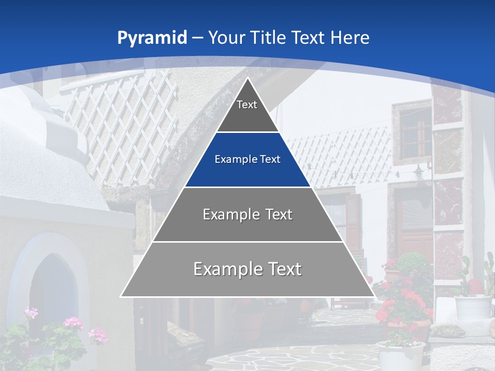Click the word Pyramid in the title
click(x=152, y=38)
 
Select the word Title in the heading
click(x=268, y=38)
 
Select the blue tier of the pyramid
click(x=247, y=160)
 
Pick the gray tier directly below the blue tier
click(x=247, y=214)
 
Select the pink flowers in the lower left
click(x=72, y=325)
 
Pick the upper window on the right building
click(x=412, y=131)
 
